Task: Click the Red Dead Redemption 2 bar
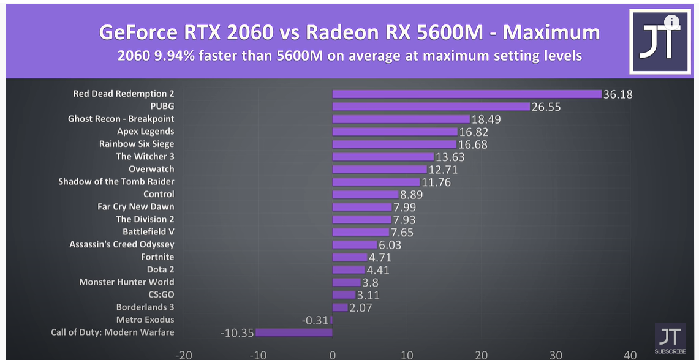tap(467, 94)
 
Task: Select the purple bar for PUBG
tap(431, 107)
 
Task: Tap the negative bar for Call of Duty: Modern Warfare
tap(294, 332)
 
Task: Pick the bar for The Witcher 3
tap(383, 157)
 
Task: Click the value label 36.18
tap(618, 94)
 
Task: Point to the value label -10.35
tap(236, 333)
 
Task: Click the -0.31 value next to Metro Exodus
tap(315, 320)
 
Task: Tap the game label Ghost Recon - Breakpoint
tap(121, 119)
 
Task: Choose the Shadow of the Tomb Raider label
tap(116, 182)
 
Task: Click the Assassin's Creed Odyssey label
tap(121, 244)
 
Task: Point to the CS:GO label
tap(161, 294)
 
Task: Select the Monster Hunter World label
tap(126, 282)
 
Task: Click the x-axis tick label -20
tap(183, 354)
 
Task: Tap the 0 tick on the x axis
tap(333, 354)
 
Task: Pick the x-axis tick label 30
tap(556, 354)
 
